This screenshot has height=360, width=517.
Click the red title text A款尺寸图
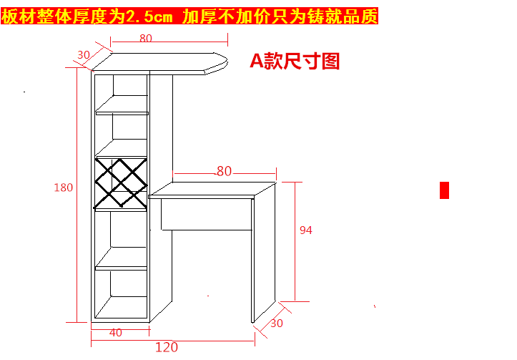(294, 61)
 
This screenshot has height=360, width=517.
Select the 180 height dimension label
(64, 188)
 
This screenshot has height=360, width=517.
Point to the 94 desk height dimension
(306, 230)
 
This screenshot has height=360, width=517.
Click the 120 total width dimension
(166, 348)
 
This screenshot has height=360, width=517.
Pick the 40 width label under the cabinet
(115, 332)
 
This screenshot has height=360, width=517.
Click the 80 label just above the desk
(225, 171)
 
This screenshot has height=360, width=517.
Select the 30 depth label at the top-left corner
(84, 54)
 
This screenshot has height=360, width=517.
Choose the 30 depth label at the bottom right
(277, 323)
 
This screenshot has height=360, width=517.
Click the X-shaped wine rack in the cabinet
(120, 183)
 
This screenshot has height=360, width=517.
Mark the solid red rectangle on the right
(444, 190)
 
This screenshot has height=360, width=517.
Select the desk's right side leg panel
(263, 250)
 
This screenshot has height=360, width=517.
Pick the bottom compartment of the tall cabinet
(122, 293)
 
